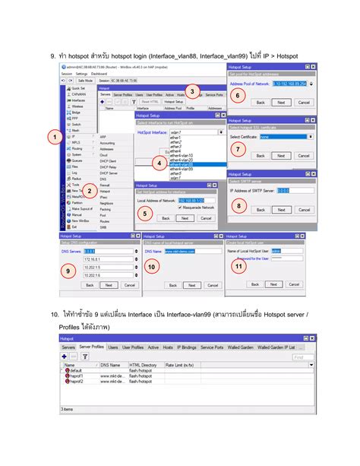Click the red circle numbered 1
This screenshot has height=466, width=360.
(x=54, y=137)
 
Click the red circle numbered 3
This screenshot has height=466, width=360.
(x=193, y=92)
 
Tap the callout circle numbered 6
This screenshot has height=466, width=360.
(x=238, y=96)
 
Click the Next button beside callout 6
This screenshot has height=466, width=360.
(x=280, y=102)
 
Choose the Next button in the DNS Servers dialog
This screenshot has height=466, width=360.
(x=109, y=285)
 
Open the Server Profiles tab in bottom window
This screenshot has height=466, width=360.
(x=91, y=347)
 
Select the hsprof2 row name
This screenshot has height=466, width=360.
(x=75, y=381)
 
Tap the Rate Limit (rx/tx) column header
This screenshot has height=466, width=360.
(x=179, y=365)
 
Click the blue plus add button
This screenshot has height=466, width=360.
(x=65, y=356)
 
